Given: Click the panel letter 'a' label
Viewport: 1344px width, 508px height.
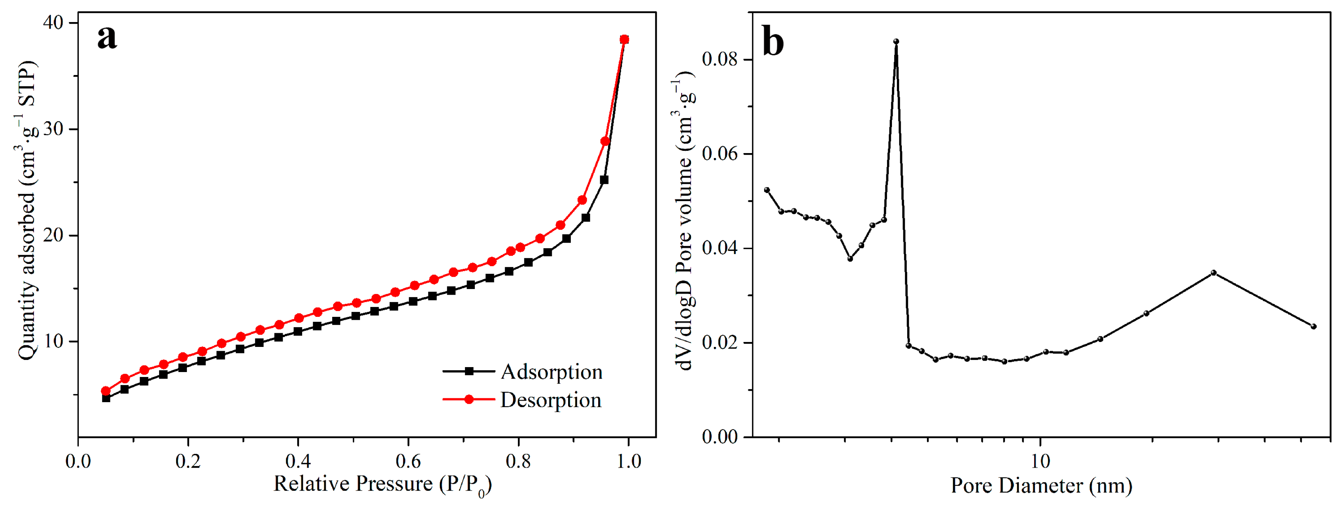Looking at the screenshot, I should tap(107, 38).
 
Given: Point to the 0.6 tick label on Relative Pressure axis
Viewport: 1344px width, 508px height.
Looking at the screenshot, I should tap(408, 461).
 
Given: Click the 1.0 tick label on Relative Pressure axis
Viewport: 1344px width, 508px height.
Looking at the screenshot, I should tap(628, 461).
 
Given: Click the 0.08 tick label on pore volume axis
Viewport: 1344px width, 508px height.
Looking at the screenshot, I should tap(720, 59).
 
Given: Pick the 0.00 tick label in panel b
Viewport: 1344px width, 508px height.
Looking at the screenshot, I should tap(720, 436).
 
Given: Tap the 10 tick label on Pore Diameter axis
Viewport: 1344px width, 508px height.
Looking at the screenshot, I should tap(1040, 461).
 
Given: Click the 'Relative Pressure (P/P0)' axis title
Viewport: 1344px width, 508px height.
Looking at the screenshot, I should tap(382, 484).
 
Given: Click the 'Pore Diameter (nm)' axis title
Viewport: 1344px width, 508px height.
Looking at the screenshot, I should tap(1041, 486).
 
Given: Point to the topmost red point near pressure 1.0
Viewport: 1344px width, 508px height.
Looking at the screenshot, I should tap(624, 40).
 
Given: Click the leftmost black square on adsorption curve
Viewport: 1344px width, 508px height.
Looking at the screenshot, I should tap(106, 398).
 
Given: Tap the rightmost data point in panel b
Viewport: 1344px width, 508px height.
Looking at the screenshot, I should tap(1313, 326).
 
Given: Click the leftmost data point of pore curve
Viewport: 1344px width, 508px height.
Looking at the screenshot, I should tap(766, 190).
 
